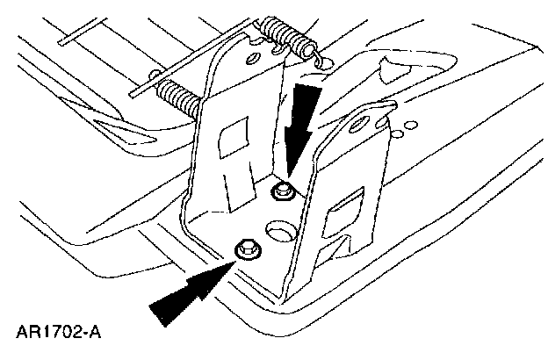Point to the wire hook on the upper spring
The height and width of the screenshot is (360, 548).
click(x=318, y=59)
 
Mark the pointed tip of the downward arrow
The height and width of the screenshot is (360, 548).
click(x=290, y=176)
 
